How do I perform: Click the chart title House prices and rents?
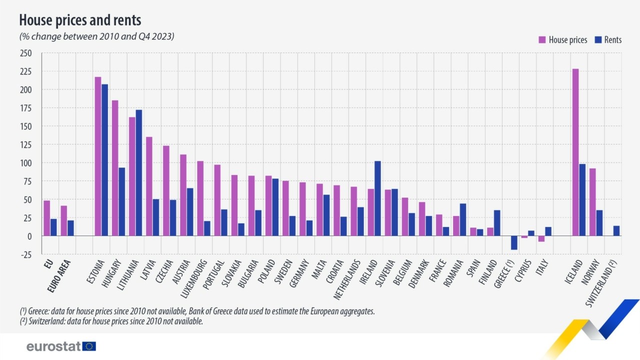coord(80,20)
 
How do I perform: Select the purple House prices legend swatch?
coord(541,40)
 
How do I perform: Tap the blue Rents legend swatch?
coord(598,40)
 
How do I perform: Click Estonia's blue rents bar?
coord(104,160)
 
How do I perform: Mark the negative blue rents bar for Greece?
coord(514,242)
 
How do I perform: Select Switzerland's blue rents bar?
coord(616,231)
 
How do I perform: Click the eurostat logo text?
coord(53,346)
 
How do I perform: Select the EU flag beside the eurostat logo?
coord(89,346)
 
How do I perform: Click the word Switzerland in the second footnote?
coord(43,321)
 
